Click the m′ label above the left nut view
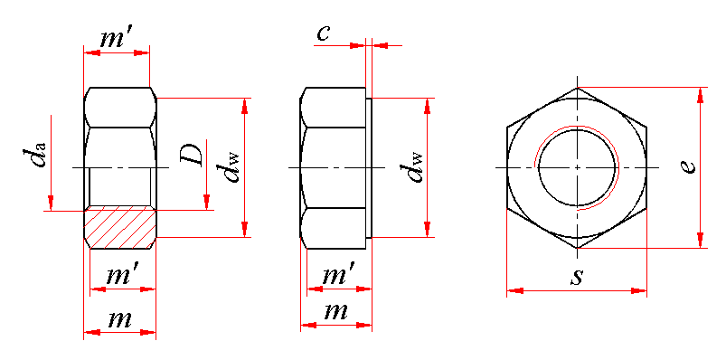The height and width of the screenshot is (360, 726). [x=117, y=40]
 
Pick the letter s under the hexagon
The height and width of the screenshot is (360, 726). [x=577, y=277]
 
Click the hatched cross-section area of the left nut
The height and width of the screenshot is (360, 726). [x=119, y=230]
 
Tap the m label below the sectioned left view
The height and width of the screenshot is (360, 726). [x=120, y=319]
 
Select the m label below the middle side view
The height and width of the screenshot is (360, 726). [x=335, y=312]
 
